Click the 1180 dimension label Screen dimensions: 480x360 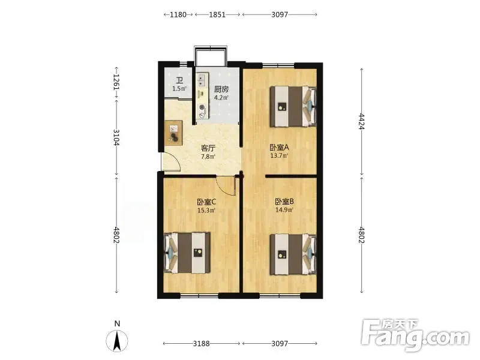[178, 14]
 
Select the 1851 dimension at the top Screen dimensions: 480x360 [217, 14]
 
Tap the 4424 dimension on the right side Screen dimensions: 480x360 [362, 122]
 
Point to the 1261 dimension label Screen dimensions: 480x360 [116, 82]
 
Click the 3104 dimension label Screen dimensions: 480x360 [116, 137]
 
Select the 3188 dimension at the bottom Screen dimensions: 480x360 [201, 343]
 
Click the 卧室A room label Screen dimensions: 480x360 [279, 148]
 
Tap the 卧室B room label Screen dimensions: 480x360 [284, 202]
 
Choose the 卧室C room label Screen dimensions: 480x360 [206, 202]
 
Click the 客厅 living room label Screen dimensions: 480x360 [208, 148]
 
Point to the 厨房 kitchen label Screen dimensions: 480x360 [221, 89]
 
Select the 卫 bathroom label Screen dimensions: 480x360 [179, 80]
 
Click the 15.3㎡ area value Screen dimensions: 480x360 [206, 211]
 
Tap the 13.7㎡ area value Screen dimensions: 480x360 [279, 155]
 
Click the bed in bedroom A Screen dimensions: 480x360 [293, 106]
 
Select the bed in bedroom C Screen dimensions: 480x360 [187, 253]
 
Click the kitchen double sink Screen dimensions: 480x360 [202, 80]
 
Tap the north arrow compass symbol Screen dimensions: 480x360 [117, 341]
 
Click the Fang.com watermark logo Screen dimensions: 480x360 [415, 335]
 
